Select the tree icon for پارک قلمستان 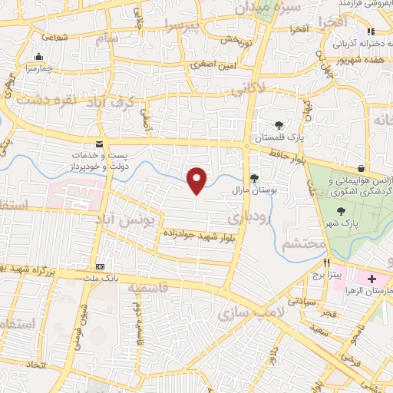point(279,126)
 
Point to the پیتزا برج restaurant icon point(328,263)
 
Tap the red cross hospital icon point(373,276)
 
